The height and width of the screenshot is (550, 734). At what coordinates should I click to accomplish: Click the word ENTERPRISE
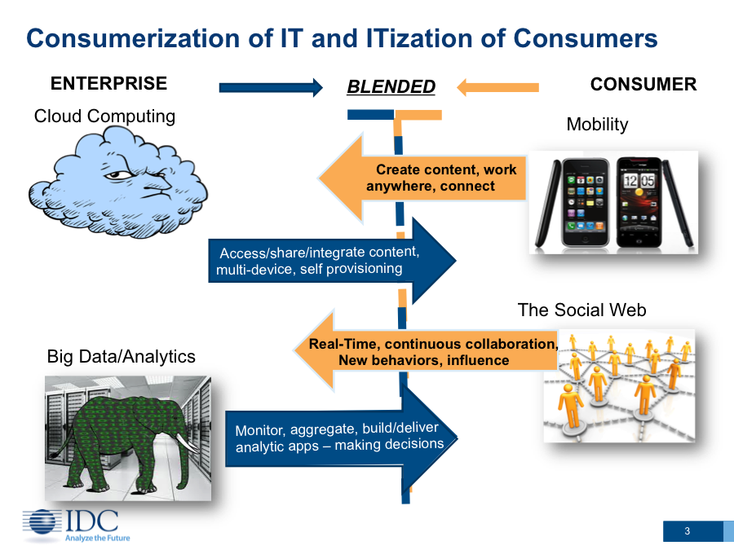point(108,83)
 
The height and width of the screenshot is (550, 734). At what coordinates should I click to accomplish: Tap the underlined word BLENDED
point(391,86)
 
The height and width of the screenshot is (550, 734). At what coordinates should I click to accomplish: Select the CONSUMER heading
point(643,84)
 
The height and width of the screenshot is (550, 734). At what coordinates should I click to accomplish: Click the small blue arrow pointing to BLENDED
point(271,87)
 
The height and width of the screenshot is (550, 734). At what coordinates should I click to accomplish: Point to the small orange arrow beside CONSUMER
point(497,87)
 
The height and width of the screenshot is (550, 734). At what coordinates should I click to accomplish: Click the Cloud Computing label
point(104,116)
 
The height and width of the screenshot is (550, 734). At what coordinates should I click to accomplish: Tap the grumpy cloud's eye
point(117,175)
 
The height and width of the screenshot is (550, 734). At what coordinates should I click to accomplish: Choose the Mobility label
point(597,125)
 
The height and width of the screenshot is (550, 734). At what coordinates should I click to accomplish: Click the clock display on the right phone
point(639,180)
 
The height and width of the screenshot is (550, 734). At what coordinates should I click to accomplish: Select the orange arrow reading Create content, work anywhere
point(422,178)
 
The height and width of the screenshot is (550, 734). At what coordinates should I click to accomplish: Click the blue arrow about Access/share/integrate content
point(332,261)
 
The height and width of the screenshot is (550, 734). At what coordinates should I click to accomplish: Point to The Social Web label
point(581,310)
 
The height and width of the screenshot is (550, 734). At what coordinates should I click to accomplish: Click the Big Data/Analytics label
point(121,356)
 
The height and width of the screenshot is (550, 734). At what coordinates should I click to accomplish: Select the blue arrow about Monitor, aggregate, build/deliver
point(341,438)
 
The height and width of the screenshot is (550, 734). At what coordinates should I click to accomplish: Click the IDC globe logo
point(42,522)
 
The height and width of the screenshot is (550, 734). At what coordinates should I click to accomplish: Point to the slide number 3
point(688,530)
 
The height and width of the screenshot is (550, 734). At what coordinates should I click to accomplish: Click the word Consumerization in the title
point(134,38)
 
